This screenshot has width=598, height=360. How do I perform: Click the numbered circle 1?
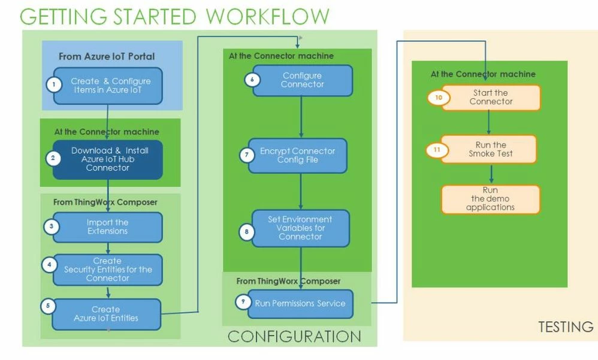[x=54, y=84]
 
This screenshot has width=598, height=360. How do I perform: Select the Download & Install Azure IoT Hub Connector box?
[x=108, y=159]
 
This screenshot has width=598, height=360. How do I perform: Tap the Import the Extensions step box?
[x=108, y=227]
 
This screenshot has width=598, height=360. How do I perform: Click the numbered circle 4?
[x=52, y=265]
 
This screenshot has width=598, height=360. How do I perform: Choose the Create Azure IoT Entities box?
[x=107, y=314]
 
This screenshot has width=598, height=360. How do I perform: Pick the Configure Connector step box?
[x=301, y=80]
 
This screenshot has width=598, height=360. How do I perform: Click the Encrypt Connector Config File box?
[x=298, y=155]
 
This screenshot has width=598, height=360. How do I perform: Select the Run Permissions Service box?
[x=300, y=304]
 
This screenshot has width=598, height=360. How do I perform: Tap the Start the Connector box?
[x=491, y=97]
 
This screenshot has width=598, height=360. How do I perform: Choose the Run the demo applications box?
[x=491, y=199]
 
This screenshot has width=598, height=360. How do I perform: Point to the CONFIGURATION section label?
[x=294, y=337]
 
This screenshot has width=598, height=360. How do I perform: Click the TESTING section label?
[x=565, y=327]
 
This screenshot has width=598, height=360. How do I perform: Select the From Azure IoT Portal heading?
[x=107, y=57]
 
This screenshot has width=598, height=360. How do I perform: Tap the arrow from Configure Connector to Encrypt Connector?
[x=301, y=117]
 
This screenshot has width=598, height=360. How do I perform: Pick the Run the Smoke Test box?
[x=491, y=149]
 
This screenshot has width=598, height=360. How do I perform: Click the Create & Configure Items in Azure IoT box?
[x=110, y=86]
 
